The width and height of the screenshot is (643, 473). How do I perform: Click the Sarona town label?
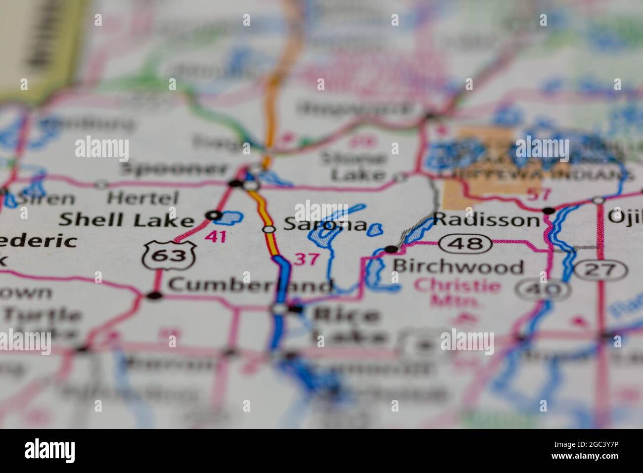tap(325, 225)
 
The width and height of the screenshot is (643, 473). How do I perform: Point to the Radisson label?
tap(486, 219)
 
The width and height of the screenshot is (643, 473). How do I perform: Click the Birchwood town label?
tap(458, 267)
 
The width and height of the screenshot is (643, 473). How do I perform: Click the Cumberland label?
tap(250, 285)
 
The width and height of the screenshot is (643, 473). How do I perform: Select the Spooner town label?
tap(174, 169)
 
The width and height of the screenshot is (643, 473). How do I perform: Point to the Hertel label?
tap(142, 198)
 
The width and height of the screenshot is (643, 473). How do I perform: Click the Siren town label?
tap(46, 199)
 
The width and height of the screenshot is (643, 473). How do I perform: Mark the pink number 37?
tap(306, 259)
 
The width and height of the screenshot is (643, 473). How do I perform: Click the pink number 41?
tap(216, 236)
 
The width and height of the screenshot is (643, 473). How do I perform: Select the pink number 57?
tap(538, 194)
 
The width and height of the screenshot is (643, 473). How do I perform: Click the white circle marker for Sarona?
tap(269, 229)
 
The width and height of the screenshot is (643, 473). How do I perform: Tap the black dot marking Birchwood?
tap(391, 248)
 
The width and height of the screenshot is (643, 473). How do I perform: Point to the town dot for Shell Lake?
tap(214, 215)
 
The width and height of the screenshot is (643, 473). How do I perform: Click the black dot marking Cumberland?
tap(155, 296)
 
